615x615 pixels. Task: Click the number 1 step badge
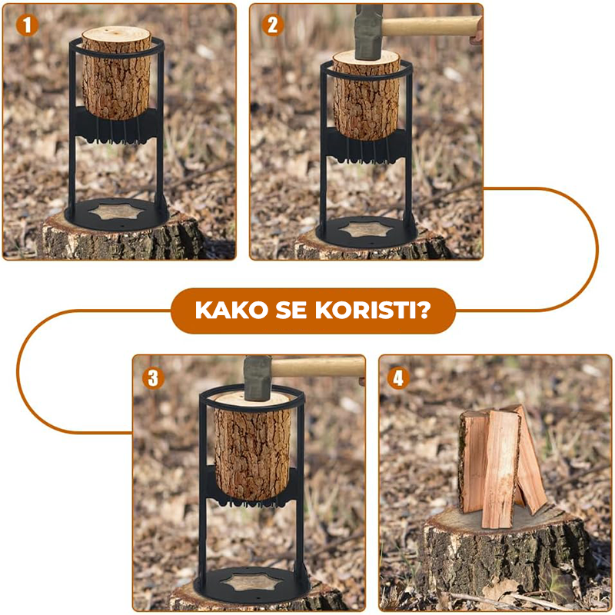pos(27,25)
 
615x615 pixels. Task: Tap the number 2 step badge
pos(273,25)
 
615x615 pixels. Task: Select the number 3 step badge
pos(153,378)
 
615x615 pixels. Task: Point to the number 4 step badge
pos(398,378)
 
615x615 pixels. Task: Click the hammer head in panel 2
pos(368,32)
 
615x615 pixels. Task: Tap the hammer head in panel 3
pos(258,377)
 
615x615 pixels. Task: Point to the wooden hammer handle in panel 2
pos(431,26)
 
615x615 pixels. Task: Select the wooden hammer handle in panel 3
pos(318,367)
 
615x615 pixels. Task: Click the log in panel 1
pos(117,73)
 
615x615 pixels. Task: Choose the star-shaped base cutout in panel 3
pos(251,582)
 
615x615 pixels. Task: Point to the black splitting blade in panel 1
pos(117,125)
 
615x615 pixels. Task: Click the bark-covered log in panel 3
pos(253,447)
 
